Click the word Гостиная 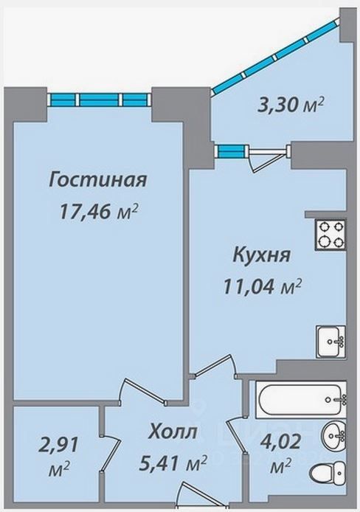coord(98,180)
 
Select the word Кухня coord(261,255)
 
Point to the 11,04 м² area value coord(261,286)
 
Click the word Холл coord(173,432)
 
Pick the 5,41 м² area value coord(173,463)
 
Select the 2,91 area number coord(59,446)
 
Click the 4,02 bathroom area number coord(280,443)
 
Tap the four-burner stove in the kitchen coord(330,235)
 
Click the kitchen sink coord(330,342)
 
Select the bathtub coord(300,399)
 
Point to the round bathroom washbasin coord(333,435)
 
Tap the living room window coord(99,100)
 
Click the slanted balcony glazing coord(276,56)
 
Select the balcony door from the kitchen coord(268,159)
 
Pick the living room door coord(144,392)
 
